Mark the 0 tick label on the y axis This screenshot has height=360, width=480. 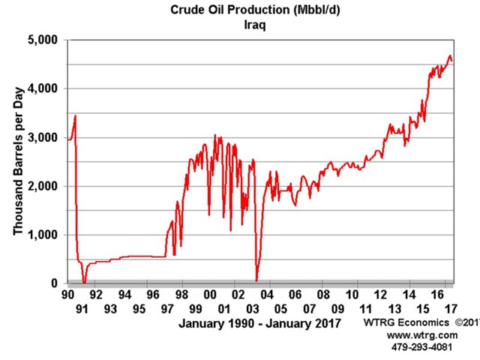coord(56,283)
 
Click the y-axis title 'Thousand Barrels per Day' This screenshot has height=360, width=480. coord(17,161)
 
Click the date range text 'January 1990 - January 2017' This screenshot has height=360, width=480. coord(259,323)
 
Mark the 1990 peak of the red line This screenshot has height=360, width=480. coord(76,115)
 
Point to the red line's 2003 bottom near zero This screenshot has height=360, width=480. coord(256,280)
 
